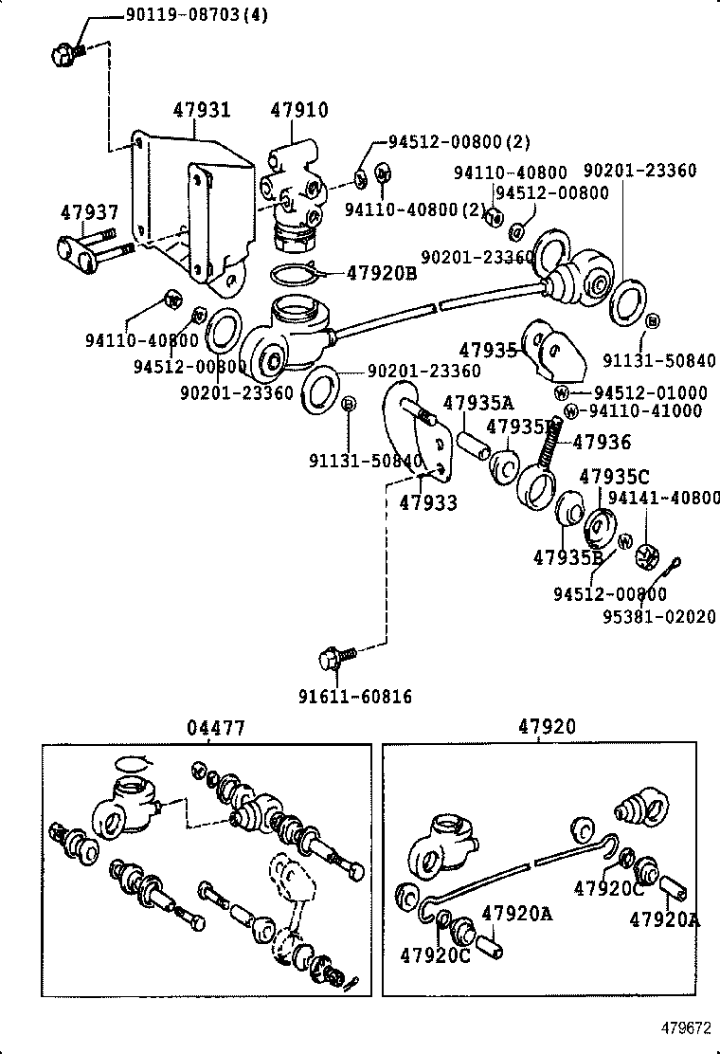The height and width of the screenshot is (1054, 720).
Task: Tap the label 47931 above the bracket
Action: [x=201, y=110]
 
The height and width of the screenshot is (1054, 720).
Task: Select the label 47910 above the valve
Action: [x=298, y=110]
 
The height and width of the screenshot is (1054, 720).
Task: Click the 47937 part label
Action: [x=89, y=212]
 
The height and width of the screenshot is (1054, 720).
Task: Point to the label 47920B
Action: [x=381, y=272]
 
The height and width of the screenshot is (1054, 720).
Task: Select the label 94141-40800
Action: [x=663, y=497]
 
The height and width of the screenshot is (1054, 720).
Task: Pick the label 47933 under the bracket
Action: [x=427, y=502]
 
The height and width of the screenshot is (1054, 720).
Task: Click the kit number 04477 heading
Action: [x=216, y=728]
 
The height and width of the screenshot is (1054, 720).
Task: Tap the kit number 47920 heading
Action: [x=547, y=728]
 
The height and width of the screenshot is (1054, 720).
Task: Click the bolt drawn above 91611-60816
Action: [x=334, y=656]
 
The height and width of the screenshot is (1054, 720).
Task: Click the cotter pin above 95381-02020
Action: [x=678, y=570]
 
